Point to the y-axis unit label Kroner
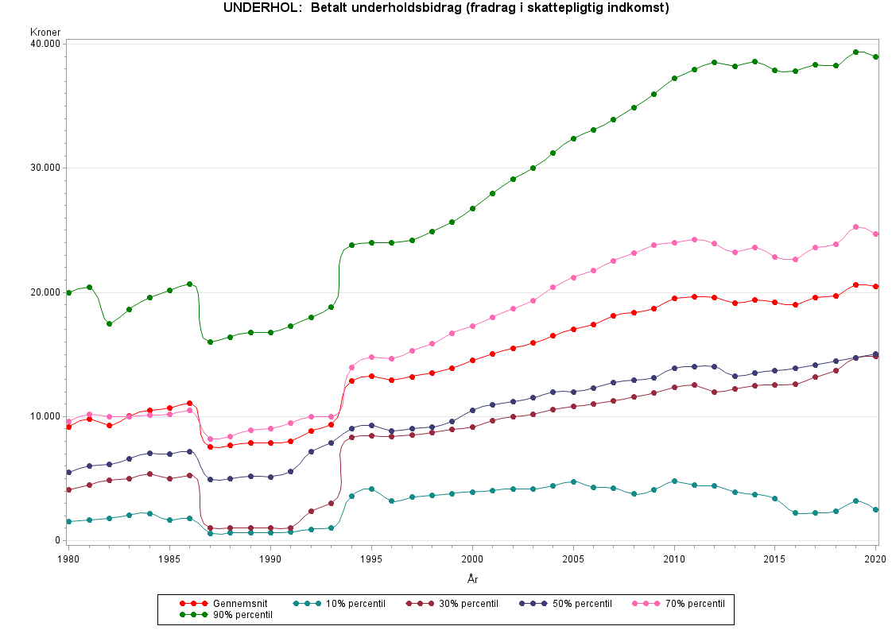click(45, 33)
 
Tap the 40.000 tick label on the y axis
click(46, 44)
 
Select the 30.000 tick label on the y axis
click(46, 168)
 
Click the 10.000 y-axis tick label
click(46, 416)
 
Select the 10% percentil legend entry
click(351, 604)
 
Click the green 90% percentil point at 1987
click(210, 342)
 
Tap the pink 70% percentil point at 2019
click(855, 227)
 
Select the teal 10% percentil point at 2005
click(573, 481)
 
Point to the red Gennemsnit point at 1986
click(189, 404)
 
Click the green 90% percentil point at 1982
click(109, 323)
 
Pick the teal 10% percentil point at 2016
click(795, 513)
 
